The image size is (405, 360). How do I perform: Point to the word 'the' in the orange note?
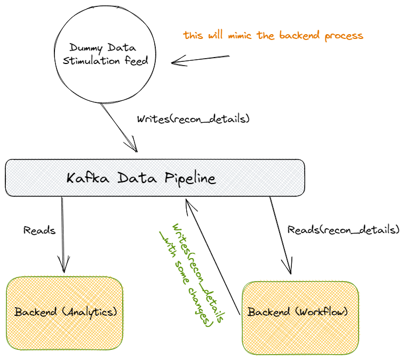[x=265, y=36]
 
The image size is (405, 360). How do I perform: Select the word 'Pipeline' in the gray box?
[x=189, y=178]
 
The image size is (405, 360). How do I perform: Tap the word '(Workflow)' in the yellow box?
[x=323, y=311]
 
